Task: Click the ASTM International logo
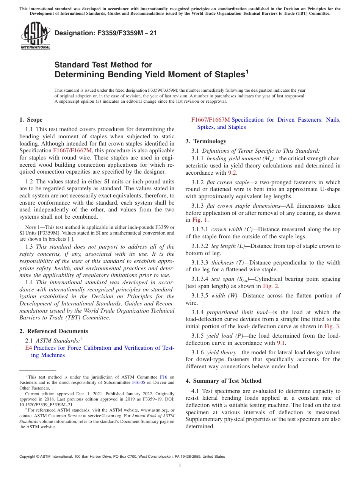point(35,36)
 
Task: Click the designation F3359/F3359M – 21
point(106,33)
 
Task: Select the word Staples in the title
point(223,75)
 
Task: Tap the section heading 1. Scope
point(31,120)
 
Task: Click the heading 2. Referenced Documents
point(54,331)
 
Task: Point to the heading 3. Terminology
point(206,141)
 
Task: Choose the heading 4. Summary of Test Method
point(224,381)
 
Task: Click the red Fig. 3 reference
point(332,326)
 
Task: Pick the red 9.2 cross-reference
point(232,173)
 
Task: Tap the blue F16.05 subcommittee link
point(133,383)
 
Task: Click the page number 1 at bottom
point(180,466)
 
